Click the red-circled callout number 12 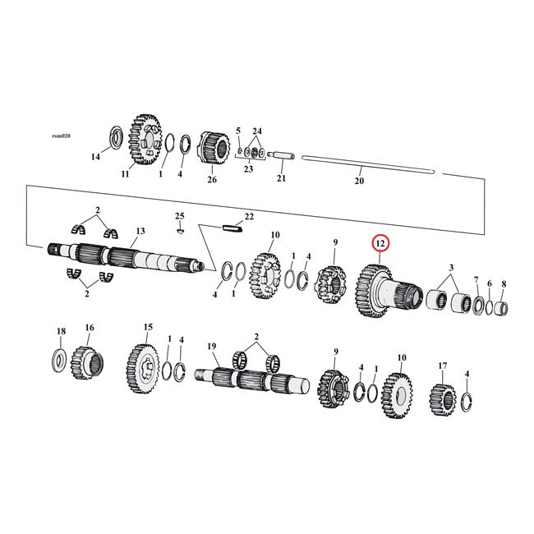pos(381,244)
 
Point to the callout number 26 pos(212,180)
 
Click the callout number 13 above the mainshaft pos(140,232)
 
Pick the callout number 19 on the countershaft pos(211,347)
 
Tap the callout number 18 pos(60,331)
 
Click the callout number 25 pos(179,216)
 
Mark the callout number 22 pos(250,216)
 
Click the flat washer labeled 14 pos(115,136)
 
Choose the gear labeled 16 pos(87,359)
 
